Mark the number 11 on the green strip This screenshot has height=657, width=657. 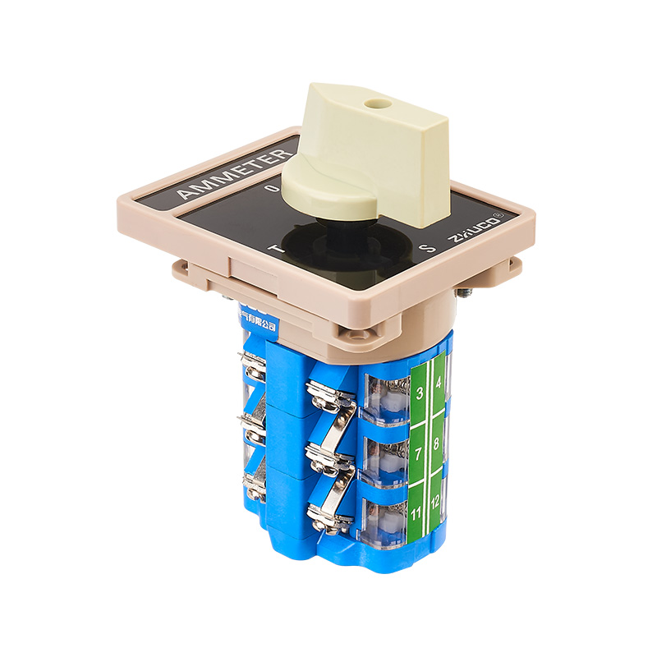(x=417, y=515)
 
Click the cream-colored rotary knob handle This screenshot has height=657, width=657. (x=370, y=156)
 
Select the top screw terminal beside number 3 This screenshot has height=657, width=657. (x=330, y=393)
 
